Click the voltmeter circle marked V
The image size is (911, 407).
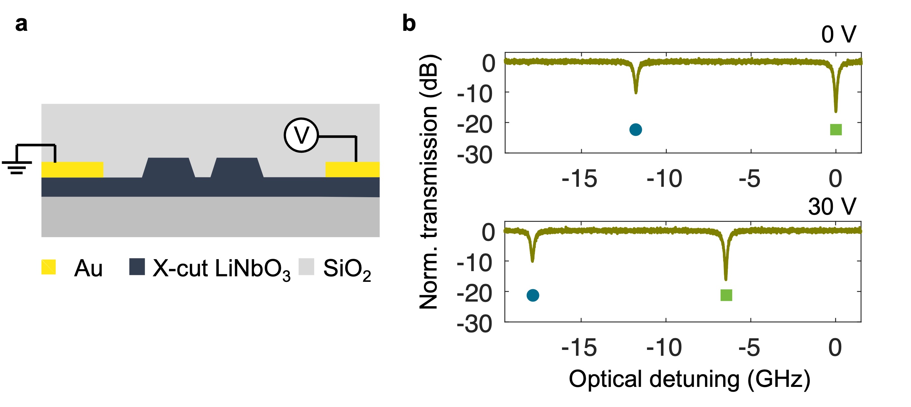pos(301,135)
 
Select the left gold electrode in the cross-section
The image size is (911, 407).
pos(72,169)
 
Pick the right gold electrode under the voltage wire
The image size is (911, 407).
pos(352,169)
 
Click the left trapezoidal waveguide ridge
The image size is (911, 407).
pos(168,168)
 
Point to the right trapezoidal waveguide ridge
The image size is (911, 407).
pos(237,168)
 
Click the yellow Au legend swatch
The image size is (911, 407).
pos(48,267)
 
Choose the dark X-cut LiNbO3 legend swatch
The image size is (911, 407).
pos(137,267)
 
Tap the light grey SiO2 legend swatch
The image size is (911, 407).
pos(306,267)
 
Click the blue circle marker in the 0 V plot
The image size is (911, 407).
pos(636,129)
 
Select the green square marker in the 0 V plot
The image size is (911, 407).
pos(836,129)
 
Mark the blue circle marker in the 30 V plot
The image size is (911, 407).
pos(533,295)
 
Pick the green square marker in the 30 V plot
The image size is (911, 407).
pos(726,295)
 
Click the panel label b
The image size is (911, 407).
pos(409,24)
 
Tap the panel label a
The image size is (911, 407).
pos(21,24)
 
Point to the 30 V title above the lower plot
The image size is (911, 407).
pos(832,207)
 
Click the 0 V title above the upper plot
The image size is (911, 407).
pos(838,35)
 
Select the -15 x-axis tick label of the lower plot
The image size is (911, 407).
pos(579,348)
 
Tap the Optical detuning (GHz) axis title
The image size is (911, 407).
pos(689,379)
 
